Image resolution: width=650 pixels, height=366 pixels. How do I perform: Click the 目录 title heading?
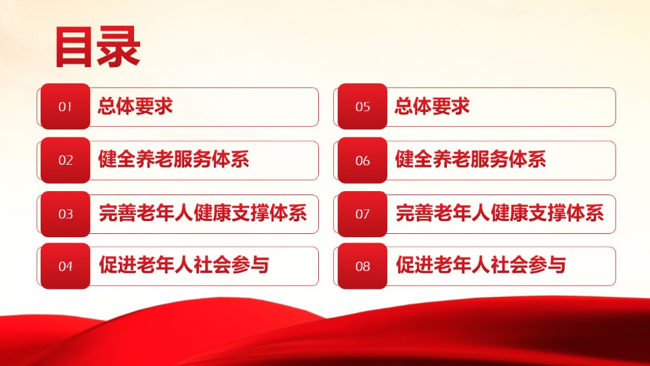(97, 47)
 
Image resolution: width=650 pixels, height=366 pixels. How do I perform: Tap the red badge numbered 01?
(65, 106)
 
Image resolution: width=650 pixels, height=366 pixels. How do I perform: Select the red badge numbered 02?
(65, 160)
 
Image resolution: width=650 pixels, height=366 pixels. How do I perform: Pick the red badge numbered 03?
(65, 213)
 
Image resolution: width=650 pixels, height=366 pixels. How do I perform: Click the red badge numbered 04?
(65, 266)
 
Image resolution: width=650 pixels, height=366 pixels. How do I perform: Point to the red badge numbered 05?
(362, 106)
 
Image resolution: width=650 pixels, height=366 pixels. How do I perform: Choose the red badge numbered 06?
(362, 160)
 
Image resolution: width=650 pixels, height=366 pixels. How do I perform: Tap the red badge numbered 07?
(362, 213)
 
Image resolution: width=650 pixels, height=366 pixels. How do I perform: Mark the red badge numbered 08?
(362, 266)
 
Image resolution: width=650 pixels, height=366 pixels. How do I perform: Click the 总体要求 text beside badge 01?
(135, 106)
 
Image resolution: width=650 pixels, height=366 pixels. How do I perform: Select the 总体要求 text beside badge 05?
(432, 106)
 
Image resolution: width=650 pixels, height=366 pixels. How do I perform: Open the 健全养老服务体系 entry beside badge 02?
(173, 159)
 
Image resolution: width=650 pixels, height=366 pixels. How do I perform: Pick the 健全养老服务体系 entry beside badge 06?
(470, 159)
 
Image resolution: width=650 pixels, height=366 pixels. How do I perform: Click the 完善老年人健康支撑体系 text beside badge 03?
(202, 213)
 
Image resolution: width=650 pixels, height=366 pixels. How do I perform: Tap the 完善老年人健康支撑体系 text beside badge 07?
(500, 213)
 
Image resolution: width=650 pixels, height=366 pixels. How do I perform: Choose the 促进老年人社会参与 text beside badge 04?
(184, 265)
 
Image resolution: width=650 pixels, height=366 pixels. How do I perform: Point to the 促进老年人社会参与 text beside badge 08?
(481, 265)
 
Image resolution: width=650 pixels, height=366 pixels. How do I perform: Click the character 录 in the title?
(119, 47)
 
